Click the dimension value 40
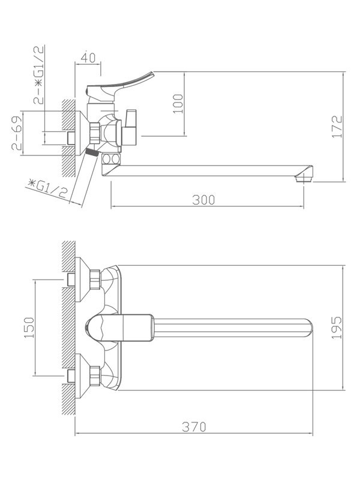[88, 58]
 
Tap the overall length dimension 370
[194, 427]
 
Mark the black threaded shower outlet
[91, 152]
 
